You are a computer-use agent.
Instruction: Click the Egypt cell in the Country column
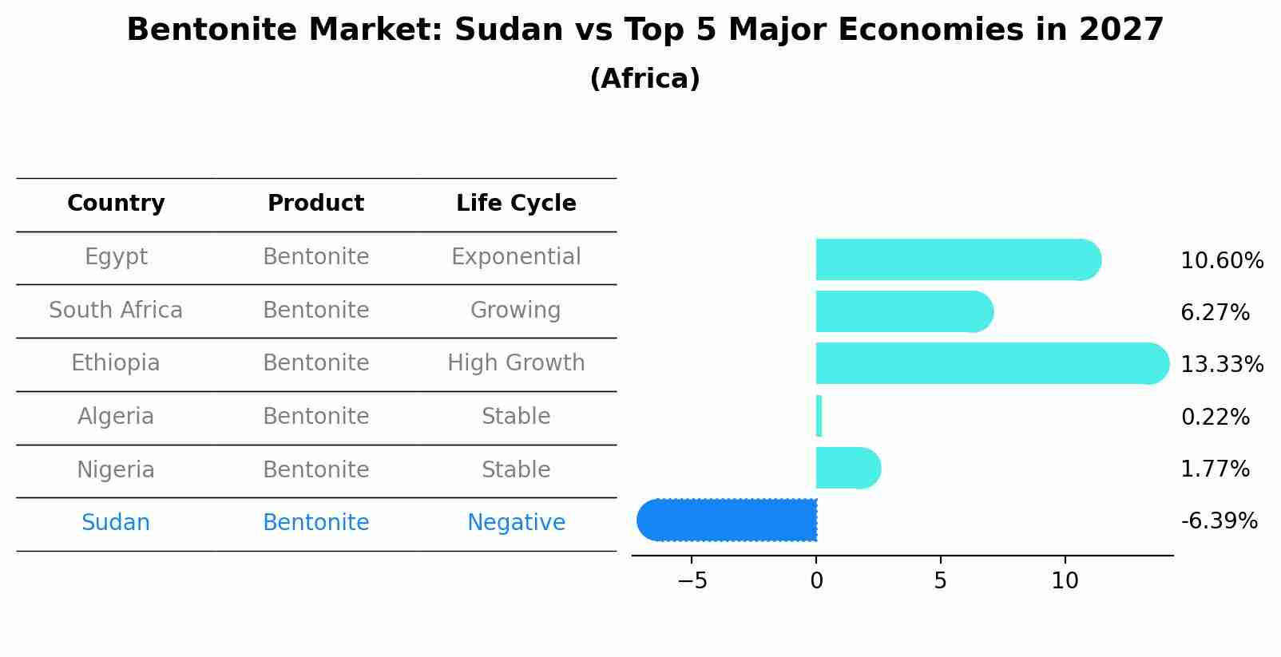tap(116, 257)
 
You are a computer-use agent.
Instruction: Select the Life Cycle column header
tap(516, 204)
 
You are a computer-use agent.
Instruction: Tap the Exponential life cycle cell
tap(516, 257)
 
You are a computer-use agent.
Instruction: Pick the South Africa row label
tap(116, 310)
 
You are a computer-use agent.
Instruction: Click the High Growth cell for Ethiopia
tap(516, 363)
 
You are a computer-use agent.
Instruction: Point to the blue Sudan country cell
tap(116, 523)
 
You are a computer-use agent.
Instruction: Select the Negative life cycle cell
tap(516, 523)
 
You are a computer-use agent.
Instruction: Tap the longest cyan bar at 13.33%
tap(990, 363)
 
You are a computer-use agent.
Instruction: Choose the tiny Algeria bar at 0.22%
tap(819, 416)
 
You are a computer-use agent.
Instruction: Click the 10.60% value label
tap(1221, 261)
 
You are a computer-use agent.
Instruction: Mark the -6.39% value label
tap(1219, 521)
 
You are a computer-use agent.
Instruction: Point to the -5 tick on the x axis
tap(692, 581)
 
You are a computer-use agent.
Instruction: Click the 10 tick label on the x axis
tap(1065, 581)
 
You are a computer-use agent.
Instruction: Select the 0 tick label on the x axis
tap(816, 581)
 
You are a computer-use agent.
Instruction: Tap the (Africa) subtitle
tap(644, 79)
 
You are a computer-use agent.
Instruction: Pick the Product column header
tap(315, 204)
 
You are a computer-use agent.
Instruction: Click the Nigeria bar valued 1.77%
tap(847, 468)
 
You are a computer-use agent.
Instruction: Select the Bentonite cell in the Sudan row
tap(315, 523)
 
